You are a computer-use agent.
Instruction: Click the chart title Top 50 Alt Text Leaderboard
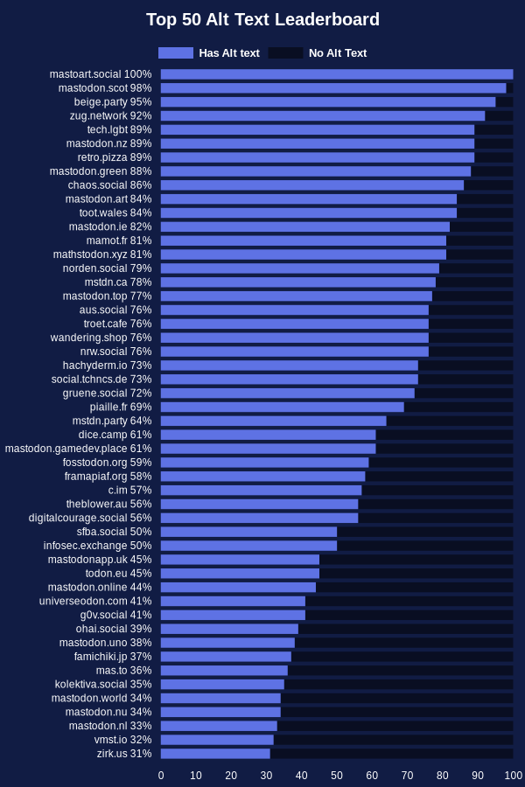(x=262, y=19)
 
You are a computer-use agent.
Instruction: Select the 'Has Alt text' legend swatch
(x=176, y=52)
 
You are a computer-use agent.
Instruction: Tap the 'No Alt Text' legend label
(x=338, y=52)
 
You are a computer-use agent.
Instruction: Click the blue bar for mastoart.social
(x=337, y=74)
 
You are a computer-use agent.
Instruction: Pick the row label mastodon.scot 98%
(x=105, y=88)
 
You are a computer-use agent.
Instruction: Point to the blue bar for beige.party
(x=328, y=102)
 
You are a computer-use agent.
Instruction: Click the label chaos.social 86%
(x=110, y=185)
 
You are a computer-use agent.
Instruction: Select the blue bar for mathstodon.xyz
(x=304, y=254)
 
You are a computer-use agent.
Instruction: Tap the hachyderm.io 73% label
(x=107, y=366)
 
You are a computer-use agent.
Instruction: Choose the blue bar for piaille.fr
(x=283, y=407)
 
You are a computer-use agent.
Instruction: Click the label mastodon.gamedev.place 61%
(x=79, y=449)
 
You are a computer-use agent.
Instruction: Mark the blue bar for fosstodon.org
(x=265, y=463)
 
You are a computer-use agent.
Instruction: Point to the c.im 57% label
(x=129, y=490)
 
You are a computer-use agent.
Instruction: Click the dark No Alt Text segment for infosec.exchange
(x=425, y=546)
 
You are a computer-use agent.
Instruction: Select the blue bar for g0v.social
(x=233, y=615)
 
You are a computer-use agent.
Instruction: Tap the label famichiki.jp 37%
(x=113, y=657)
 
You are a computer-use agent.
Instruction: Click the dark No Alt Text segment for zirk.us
(x=392, y=754)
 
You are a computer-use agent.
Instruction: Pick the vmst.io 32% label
(x=123, y=740)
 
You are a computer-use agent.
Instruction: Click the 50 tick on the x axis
(x=337, y=776)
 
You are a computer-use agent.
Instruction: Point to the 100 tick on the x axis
(x=514, y=776)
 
